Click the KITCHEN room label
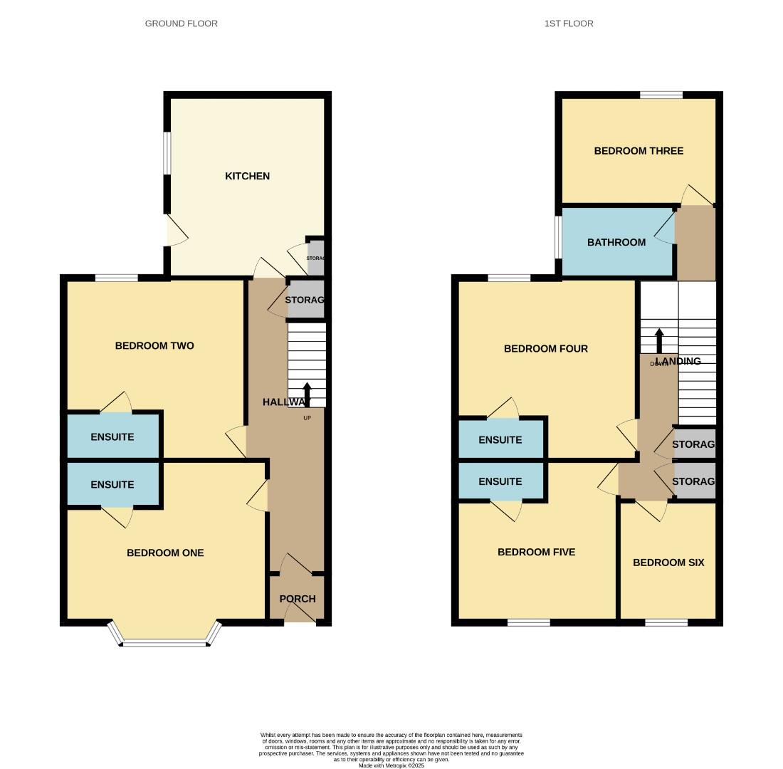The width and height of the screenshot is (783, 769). coord(247,176)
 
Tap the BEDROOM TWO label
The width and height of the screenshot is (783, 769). coord(154,346)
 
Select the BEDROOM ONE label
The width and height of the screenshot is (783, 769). coord(165,553)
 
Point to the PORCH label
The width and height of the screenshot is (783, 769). coord(298,599)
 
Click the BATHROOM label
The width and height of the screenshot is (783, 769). coord(616,242)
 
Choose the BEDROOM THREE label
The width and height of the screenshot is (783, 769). coord(639,151)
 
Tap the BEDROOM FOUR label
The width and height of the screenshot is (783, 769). coord(546,349)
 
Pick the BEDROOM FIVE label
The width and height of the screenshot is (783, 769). coord(536,552)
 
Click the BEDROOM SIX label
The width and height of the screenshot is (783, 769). coord(668,563)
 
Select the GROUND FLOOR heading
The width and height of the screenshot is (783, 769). coord(182,23)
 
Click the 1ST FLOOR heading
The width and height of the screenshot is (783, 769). coord(569,23)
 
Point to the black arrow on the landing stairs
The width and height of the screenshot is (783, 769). coord(659,340)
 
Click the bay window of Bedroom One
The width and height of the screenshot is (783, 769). coord(164,643)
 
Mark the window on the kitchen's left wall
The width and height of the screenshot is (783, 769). coord(167,153)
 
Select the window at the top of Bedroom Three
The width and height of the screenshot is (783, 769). coord(661,95)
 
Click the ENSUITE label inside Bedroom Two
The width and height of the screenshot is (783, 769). coord(112,437)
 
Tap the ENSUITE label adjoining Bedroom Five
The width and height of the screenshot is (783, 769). coord(500,481)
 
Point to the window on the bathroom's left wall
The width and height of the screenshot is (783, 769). coord(559,237)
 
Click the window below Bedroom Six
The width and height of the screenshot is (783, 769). coord(666,623)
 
